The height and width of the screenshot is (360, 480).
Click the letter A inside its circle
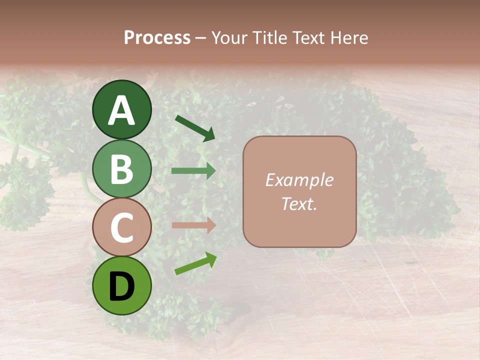point(121,110)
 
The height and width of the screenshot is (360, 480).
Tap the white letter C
point(121,228)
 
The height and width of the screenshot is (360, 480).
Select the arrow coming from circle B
point(193,170)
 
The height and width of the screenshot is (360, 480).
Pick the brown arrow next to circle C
point(193,225)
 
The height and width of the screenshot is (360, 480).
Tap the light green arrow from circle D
point(195,263)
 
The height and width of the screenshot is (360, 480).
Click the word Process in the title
point(157,37)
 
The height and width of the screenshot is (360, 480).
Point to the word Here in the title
point(349,37)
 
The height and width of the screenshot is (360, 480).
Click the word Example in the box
point(299,180)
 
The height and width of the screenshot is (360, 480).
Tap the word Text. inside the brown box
point(299,203)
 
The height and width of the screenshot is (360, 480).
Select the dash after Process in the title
point(200,38)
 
